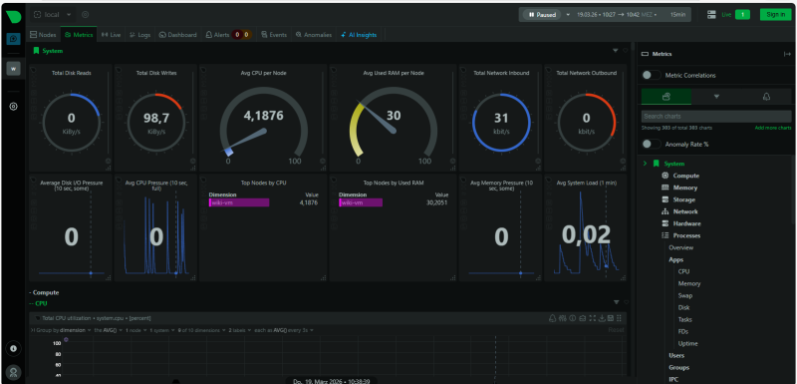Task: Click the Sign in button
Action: coord(774,14)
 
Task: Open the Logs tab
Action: coord(139,34)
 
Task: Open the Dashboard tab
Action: coord(178,34)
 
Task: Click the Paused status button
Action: coord(541,14)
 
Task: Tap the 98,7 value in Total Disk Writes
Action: coord(156,118)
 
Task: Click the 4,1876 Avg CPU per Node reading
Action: coord(263,116)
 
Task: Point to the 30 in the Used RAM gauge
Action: coord(394,116)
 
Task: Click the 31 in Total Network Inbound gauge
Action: coord(501,118)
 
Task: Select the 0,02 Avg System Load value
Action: coord(585,234)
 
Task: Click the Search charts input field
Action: coord(715,117)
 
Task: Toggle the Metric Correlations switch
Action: coord(650,75)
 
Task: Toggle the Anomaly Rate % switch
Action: coord(650,144)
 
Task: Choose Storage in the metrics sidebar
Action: coord(684,199)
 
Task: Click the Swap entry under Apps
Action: coord(686,295)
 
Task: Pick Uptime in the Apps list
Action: coord(688,343)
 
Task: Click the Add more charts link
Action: coord(772,128)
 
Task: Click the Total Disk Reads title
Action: coord(71,73)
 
